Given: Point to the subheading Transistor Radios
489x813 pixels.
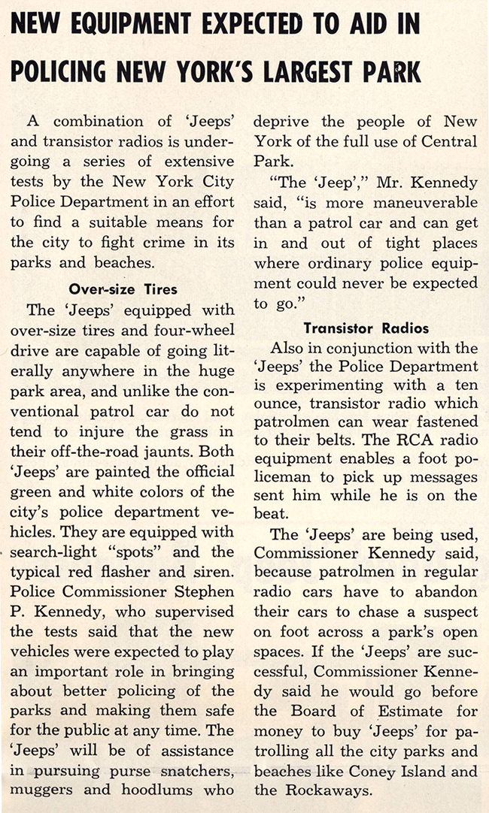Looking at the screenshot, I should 366,328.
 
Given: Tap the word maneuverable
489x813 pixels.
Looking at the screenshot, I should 430,203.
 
